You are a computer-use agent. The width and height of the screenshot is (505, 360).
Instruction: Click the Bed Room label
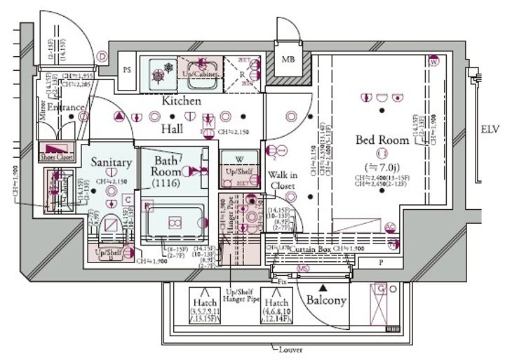382,140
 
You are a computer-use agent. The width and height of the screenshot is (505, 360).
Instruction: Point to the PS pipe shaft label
127,70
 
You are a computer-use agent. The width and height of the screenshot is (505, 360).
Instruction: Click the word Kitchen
182,101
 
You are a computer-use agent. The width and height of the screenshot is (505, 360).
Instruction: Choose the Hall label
171,129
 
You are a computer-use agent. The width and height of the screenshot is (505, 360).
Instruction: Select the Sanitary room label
111,162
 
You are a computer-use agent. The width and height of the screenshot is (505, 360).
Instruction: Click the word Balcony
326,300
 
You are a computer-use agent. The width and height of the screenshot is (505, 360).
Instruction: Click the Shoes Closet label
58,157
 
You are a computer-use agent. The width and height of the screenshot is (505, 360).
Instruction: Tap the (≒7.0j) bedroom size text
382,167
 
